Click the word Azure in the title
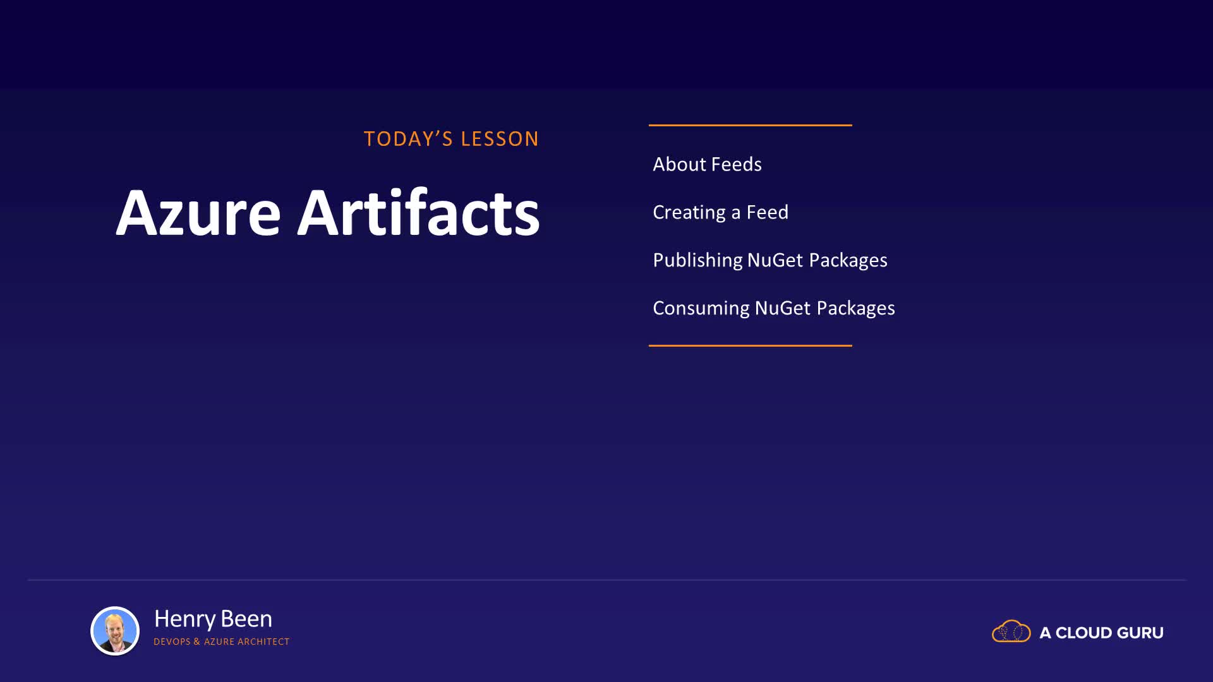[198, 213]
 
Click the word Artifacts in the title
[418, 212]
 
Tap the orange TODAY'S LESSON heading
[451, 139]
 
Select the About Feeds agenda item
[707, 164]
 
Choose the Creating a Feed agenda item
[720, 212]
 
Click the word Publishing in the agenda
[697, 260]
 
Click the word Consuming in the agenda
[701, 308]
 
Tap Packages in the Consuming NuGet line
[856, 308]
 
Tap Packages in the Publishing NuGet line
[848, 260]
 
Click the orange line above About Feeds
[750, 125]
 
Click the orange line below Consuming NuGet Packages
[750, 345]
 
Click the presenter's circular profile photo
[115, 630]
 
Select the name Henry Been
[213, 619]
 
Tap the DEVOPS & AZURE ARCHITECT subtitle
[221, 642]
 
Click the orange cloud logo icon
[1011, 631]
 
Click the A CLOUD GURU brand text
[1101, 633]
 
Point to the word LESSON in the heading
[500, 139]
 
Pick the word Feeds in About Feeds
[737, 164]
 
